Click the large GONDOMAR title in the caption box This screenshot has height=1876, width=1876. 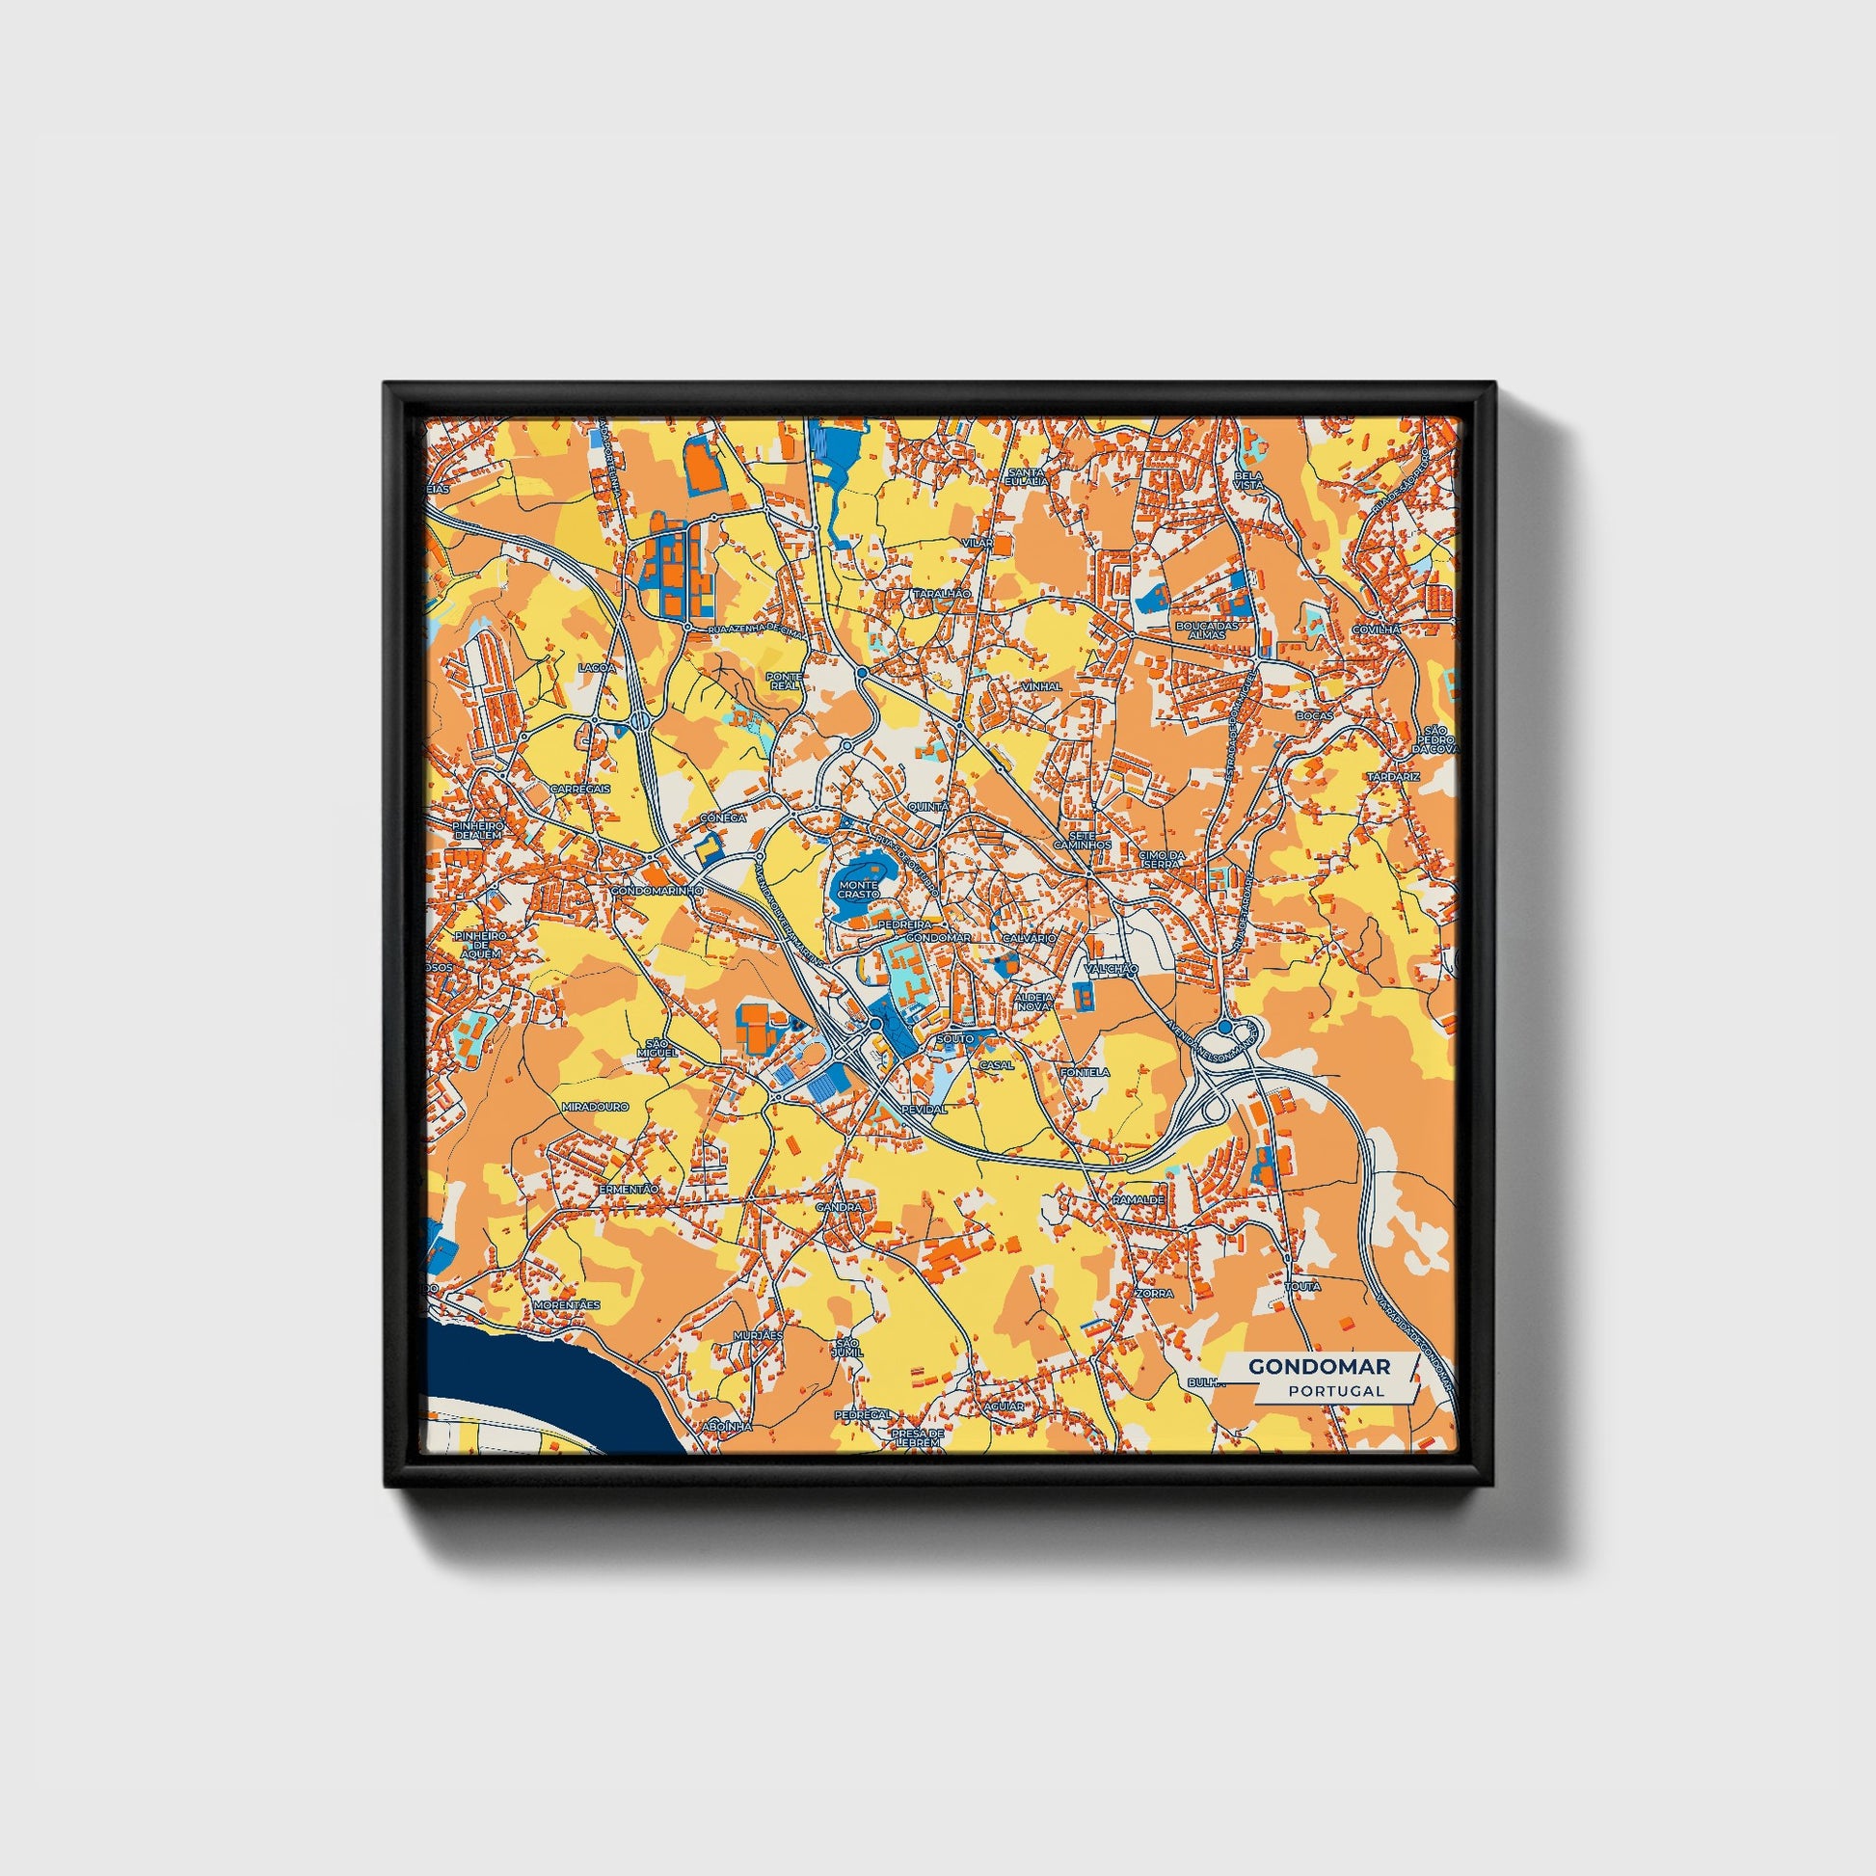[1319, 1366]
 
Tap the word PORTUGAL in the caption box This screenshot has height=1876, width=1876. [1336, 1390]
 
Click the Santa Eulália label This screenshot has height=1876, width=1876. [1027, 476]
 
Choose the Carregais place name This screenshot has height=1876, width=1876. [579, 789]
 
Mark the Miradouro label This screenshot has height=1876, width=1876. [595, 1106]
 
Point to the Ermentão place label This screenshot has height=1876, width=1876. [629, 1189]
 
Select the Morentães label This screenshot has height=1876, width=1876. [568, 1304]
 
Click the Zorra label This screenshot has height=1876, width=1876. [1159, 1294]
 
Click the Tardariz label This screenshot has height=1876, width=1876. [1393, 777]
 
